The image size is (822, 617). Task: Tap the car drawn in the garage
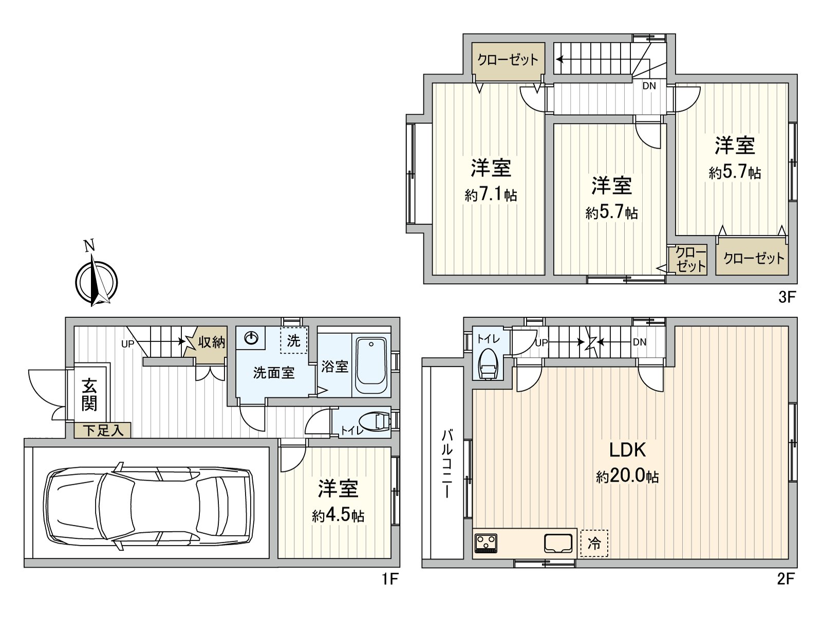pyautogui.click(x=149, y=506)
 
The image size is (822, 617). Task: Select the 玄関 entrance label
pyautogui.click(x=89, y=395)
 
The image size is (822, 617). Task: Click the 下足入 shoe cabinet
pyautogui.click(x=103, y=430)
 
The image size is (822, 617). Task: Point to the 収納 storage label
pyautogui.click(x=212, y=342)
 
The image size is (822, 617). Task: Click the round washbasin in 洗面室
pyautogui.click(x=251, y=338)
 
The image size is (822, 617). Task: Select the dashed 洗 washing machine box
pyautogui.click(x=293, y=340)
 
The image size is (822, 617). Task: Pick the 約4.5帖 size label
pyautogui.click(x=338, y=516)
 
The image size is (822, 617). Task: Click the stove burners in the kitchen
pyautogui.click(x=485, y=543)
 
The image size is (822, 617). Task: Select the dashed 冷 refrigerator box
pyautogui.click(x=594, y=543)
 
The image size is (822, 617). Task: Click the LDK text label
pyautogui.click(x=627, y=450)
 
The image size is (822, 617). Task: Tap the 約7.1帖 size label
pyautogui.click(x=491, y=195)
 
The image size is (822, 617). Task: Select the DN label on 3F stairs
pyautogui.click(x=649, y=86)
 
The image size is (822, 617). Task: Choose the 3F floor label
pyautogui.click(x=787, y=297)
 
